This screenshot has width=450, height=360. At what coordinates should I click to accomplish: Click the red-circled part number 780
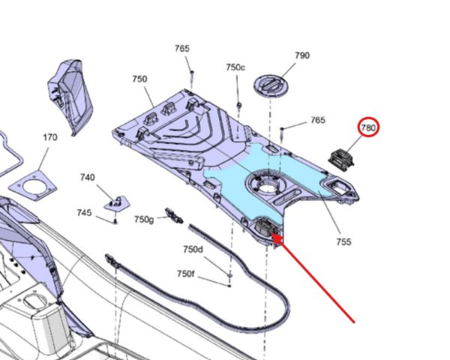[x=368, y=127]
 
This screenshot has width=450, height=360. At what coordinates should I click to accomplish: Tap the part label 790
[x=302, y=55]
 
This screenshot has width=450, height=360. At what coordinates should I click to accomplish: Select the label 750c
[x=235, y=67]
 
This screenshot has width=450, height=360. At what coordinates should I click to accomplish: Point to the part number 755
[x=343, y=241]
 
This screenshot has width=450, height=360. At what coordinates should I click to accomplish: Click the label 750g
[x=144, y=219]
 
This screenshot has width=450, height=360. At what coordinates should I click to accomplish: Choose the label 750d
[x=193, y=249]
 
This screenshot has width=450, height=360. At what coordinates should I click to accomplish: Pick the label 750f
[x=186, y=274]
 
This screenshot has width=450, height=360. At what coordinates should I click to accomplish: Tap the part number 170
[x=50, y=137]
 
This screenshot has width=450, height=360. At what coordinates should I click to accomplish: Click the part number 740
[x=87, y=177]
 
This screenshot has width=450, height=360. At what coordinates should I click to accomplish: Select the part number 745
[x=84, y=213]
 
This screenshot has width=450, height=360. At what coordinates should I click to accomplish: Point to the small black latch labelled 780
[x=341, y=160]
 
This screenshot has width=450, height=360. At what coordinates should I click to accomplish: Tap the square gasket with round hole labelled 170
[x=33, y=186]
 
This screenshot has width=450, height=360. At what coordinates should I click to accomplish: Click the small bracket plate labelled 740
[x=117, y=203]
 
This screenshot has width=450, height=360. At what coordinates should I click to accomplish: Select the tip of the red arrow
[x=271, y=234]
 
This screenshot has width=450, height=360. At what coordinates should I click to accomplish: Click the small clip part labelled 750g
[x=174, y=216]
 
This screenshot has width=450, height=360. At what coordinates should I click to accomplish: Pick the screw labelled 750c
[x=238, y=106]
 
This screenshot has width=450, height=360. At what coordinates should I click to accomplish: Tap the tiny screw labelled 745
[x=115, y=221]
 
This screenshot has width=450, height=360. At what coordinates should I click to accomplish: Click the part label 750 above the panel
[x=139, y=79]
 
